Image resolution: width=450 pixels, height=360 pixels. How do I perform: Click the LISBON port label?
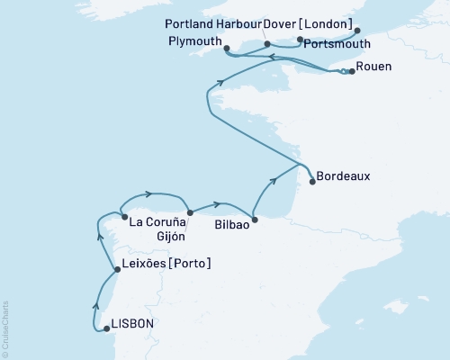[132, 325]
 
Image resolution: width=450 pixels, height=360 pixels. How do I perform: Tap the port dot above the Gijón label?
[190, 213]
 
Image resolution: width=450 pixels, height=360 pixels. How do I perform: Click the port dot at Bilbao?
[255, 219]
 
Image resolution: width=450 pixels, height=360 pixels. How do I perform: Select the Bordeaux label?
[344, 178]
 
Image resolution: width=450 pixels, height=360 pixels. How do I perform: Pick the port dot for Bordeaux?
[312, 182]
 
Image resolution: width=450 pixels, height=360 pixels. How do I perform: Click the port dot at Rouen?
[351, 72]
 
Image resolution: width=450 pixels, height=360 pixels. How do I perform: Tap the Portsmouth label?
[328, 41]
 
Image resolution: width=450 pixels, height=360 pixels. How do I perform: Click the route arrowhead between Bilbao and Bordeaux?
[273, 184]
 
